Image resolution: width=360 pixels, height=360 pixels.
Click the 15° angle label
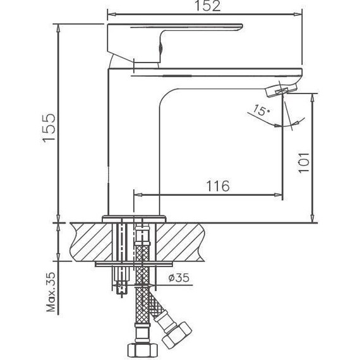258,112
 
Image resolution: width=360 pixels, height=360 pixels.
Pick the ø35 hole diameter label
180,277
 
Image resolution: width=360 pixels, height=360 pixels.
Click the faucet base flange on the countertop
134,219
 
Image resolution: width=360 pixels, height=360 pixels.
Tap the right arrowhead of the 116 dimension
278,195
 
